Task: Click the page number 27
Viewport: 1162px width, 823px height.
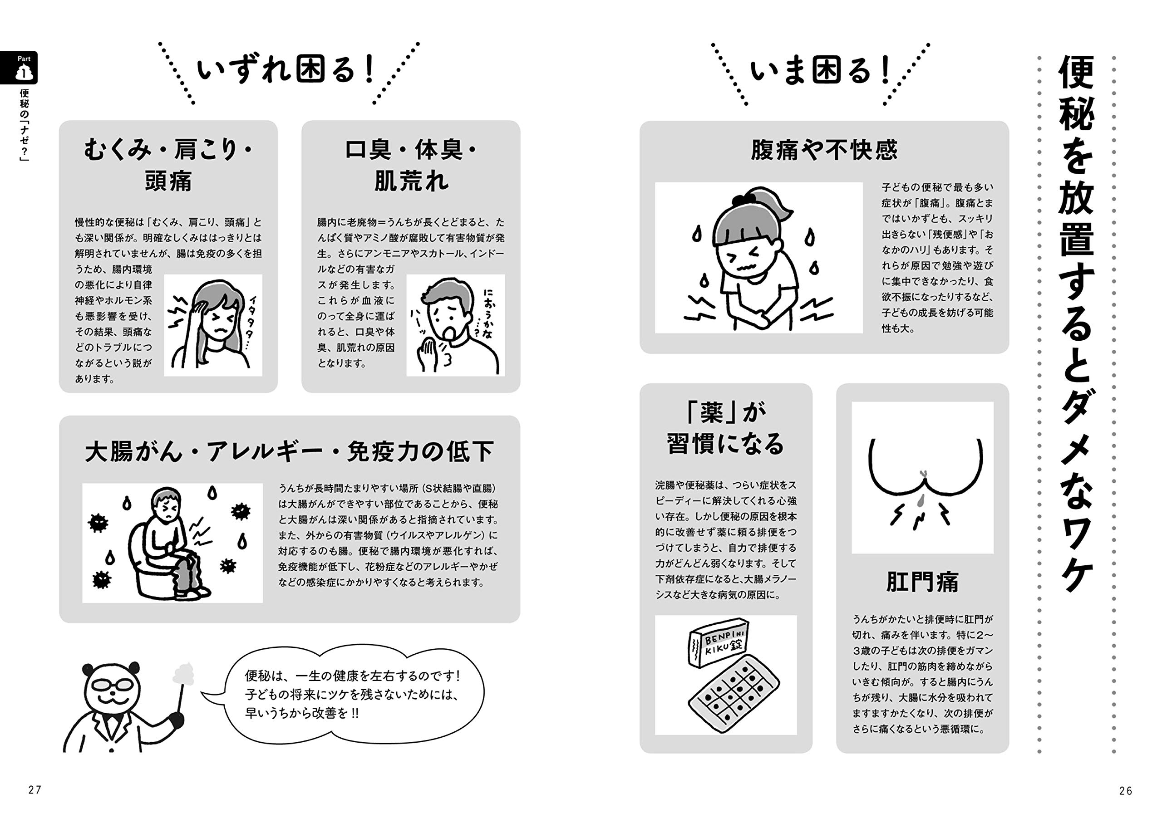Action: pos(34,789)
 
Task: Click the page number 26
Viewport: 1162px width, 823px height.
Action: pos(1126,791)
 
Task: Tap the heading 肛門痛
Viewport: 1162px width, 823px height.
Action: pos(922,582)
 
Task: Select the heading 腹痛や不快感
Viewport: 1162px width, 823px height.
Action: pos(824,150)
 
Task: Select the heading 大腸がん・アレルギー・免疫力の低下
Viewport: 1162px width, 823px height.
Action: pos(289,451)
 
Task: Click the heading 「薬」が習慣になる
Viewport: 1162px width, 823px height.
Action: pos(725,429)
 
